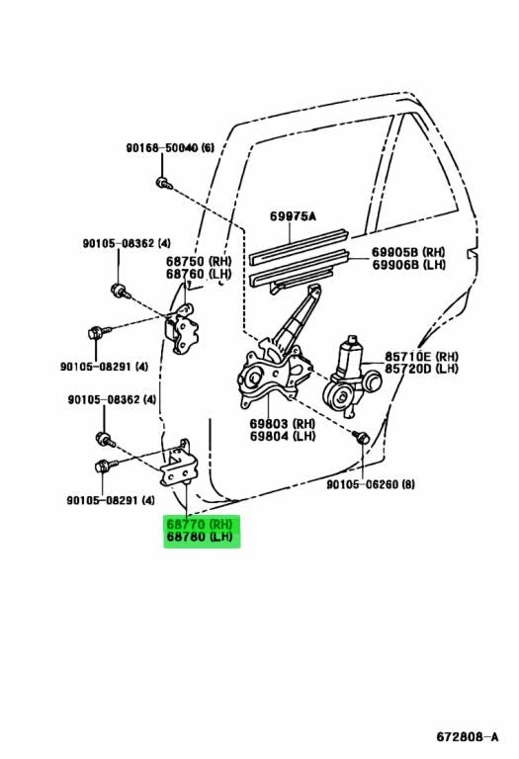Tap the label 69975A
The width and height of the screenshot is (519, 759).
tap(293, 215)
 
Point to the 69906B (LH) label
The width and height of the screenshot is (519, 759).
tap(408, 265)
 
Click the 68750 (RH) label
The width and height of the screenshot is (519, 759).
tap(199, 261)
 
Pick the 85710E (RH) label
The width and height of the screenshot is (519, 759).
tap(421, 357)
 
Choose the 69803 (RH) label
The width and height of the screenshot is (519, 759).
tap(283, 424)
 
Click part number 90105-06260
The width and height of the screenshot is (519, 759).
tap(371, 484)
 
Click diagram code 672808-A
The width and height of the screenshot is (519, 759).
tap(468, 737)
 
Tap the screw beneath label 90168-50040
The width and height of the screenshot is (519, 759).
tap(164, 183)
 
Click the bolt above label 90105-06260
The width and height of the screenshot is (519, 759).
tap(361, 437)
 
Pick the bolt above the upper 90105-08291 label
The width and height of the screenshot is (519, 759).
tap(99, 332)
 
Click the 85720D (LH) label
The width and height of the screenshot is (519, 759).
tap(421, 369)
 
